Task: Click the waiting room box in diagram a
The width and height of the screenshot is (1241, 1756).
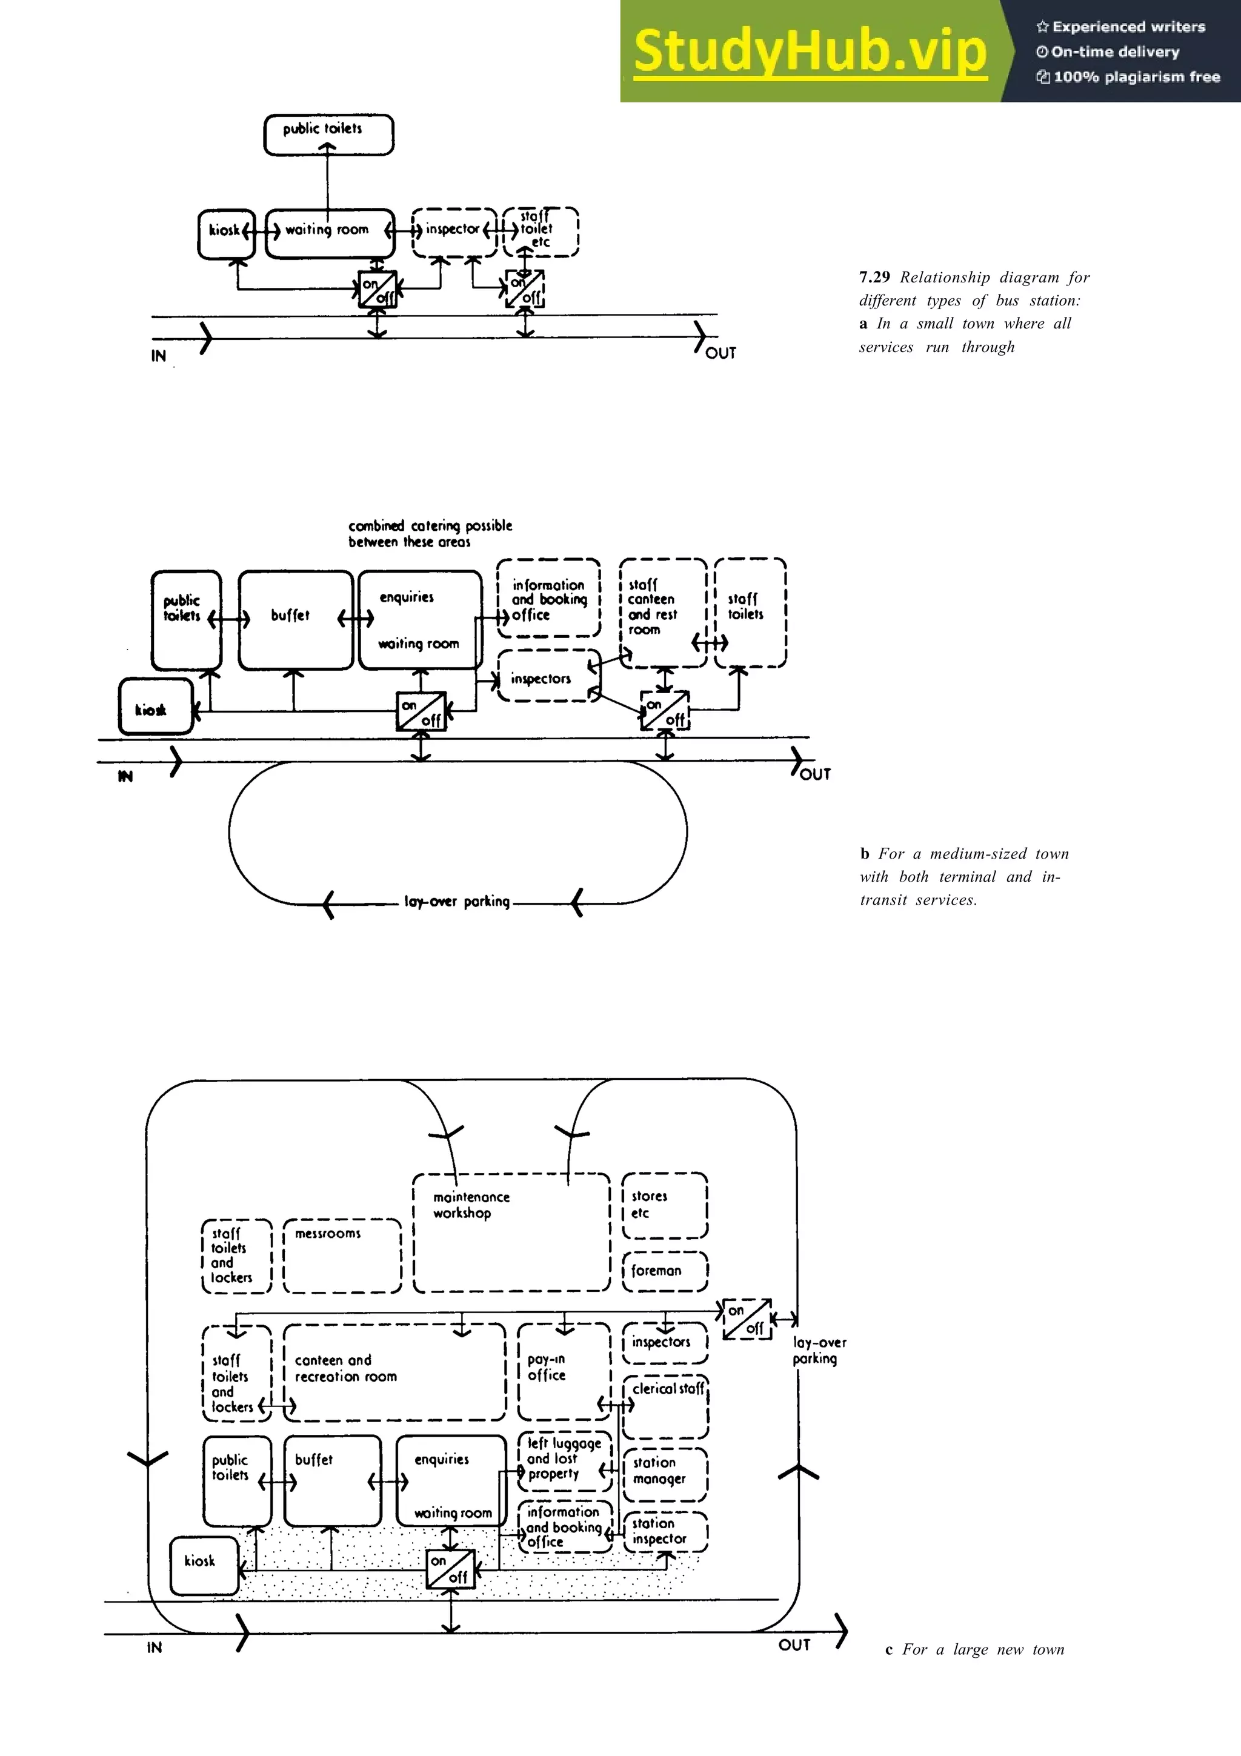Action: tap(330, 233)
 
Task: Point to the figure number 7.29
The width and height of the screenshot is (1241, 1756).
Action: tap(874, 277)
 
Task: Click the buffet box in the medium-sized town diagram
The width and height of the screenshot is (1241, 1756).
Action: tap(295, 619)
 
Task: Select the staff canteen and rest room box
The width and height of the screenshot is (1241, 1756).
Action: tap(662, 612)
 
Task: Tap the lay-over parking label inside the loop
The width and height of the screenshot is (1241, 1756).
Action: tap(456, 902)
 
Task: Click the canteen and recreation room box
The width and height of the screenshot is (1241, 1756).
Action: tap(394, 1372)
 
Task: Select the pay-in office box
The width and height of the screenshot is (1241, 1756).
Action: tap(563, 1371)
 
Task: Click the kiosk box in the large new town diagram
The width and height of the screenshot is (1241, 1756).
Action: tap(204, 1565)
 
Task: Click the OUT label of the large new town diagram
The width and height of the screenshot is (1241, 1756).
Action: tap(794, 1645)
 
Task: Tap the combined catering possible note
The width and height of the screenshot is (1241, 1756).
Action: tap(430, 533)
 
